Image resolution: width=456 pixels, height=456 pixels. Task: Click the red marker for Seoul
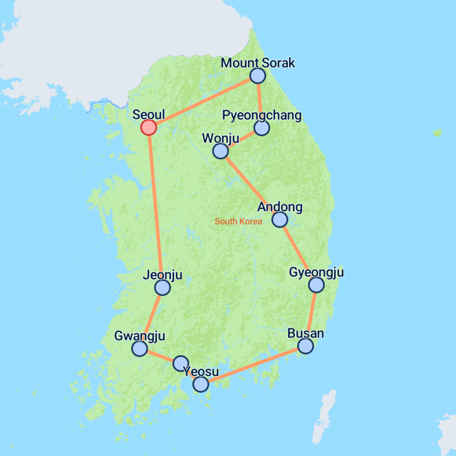coord(148,127)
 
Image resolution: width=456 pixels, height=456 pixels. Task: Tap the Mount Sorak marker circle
coord(257,76)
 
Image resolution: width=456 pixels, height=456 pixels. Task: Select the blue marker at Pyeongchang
coord(262,128)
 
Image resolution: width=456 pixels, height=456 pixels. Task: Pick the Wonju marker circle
coord(220,151)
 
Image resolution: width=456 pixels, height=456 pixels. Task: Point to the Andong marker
coord(279,219)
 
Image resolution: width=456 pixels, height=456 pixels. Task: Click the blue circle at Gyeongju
coord(316,285)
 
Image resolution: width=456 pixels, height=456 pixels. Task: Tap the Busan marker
coord(305,346)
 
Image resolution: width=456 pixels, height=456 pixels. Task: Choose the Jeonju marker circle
coord(162,288)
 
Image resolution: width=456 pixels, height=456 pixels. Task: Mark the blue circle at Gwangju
coord(140,348)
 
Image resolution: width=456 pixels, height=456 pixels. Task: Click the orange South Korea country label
coord(238,221)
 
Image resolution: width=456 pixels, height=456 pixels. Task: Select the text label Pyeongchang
coord(262,116)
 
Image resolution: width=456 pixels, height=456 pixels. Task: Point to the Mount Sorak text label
coord(258,63)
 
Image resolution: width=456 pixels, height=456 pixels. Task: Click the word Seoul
coord(149,114)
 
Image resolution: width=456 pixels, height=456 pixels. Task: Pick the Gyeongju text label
coord(316,272)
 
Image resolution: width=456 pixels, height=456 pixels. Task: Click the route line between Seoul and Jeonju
coord(155,205)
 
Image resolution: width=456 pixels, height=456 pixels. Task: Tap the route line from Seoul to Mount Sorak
coord(203,102)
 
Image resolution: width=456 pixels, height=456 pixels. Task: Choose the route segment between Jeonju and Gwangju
coord(151,317)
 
